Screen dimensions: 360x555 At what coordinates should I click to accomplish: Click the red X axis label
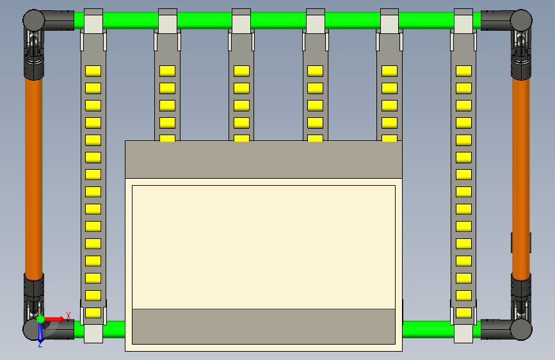[68, 316]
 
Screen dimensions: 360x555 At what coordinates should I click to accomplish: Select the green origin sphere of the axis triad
[40, 319]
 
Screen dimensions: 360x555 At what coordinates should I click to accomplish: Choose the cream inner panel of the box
[263, 247]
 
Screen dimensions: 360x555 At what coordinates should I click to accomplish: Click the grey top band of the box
[263, 159]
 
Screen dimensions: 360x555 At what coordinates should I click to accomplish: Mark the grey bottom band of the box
[263, 326]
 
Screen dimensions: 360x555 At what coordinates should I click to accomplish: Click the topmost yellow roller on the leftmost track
[93, 70]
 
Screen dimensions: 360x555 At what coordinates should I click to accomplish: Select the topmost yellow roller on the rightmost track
[463, 70]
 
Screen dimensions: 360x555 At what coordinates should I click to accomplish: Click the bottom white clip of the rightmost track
[463, 332]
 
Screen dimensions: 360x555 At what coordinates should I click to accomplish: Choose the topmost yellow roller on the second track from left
[167, 70]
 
